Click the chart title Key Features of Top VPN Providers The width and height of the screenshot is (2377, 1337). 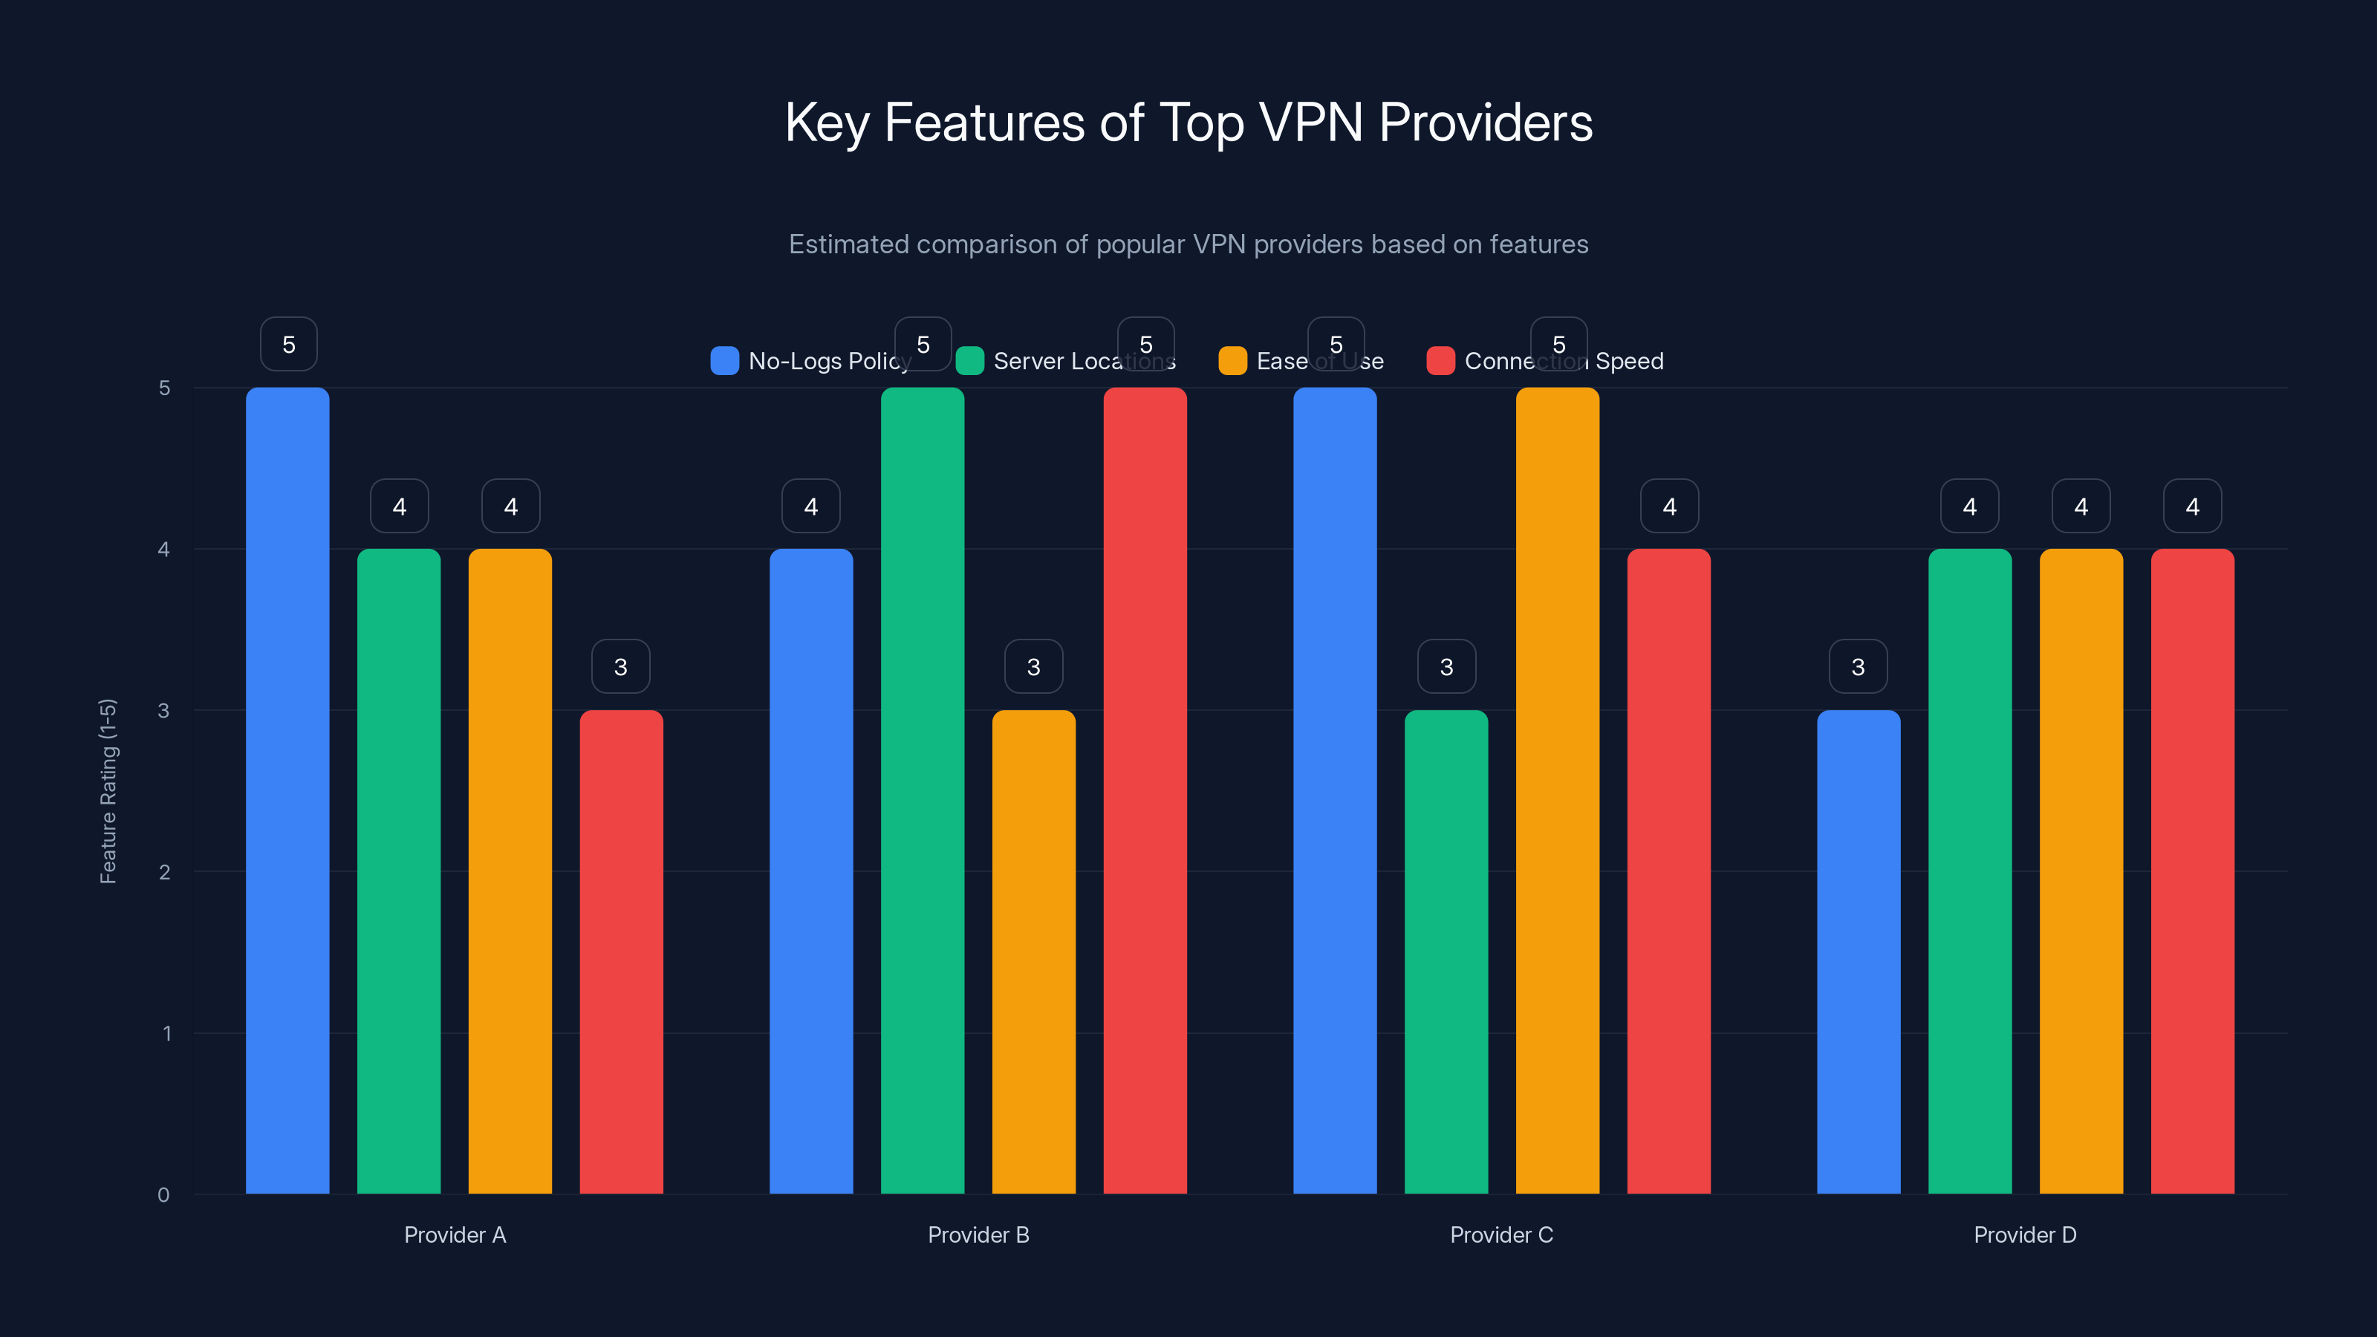[x=1188, y=123]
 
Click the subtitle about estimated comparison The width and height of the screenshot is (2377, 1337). [x=1188, y=244]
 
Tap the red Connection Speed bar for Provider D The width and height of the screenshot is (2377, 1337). [x=2193, y=871]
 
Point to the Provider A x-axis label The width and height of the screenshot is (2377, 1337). [x=455, y=1234]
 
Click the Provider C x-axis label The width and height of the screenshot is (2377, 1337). [x=1501, y=1234]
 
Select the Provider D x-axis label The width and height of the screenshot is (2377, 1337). [x=2024, y=1234]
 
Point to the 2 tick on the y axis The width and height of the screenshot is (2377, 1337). [x=164, y=872]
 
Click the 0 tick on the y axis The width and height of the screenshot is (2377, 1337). [x=163, y=1195]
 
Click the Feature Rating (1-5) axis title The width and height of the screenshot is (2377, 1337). [x=108, y=791]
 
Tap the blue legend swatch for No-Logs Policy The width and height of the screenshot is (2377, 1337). [x=724, y=361]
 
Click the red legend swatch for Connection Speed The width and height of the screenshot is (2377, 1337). [x=1440, y=361]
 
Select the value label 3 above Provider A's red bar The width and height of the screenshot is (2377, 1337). [x=620, y=666]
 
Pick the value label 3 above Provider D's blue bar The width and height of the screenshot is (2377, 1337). [x=1859, y=666]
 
